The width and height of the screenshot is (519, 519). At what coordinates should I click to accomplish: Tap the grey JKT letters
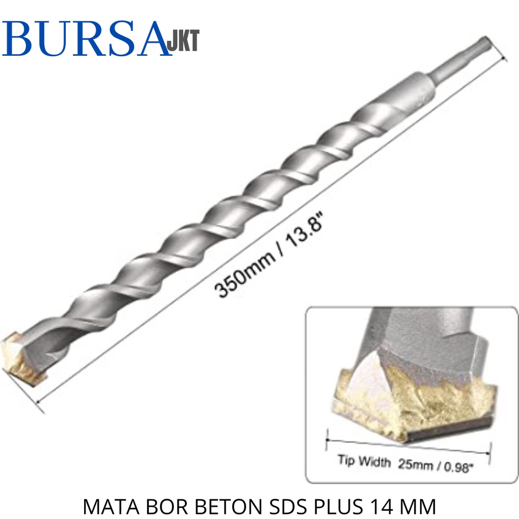click(x=183, y=41)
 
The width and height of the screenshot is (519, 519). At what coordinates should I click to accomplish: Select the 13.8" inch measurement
click(x=304, y=229)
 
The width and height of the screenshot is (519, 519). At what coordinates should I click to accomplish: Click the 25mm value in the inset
click(x=416, y=464)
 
